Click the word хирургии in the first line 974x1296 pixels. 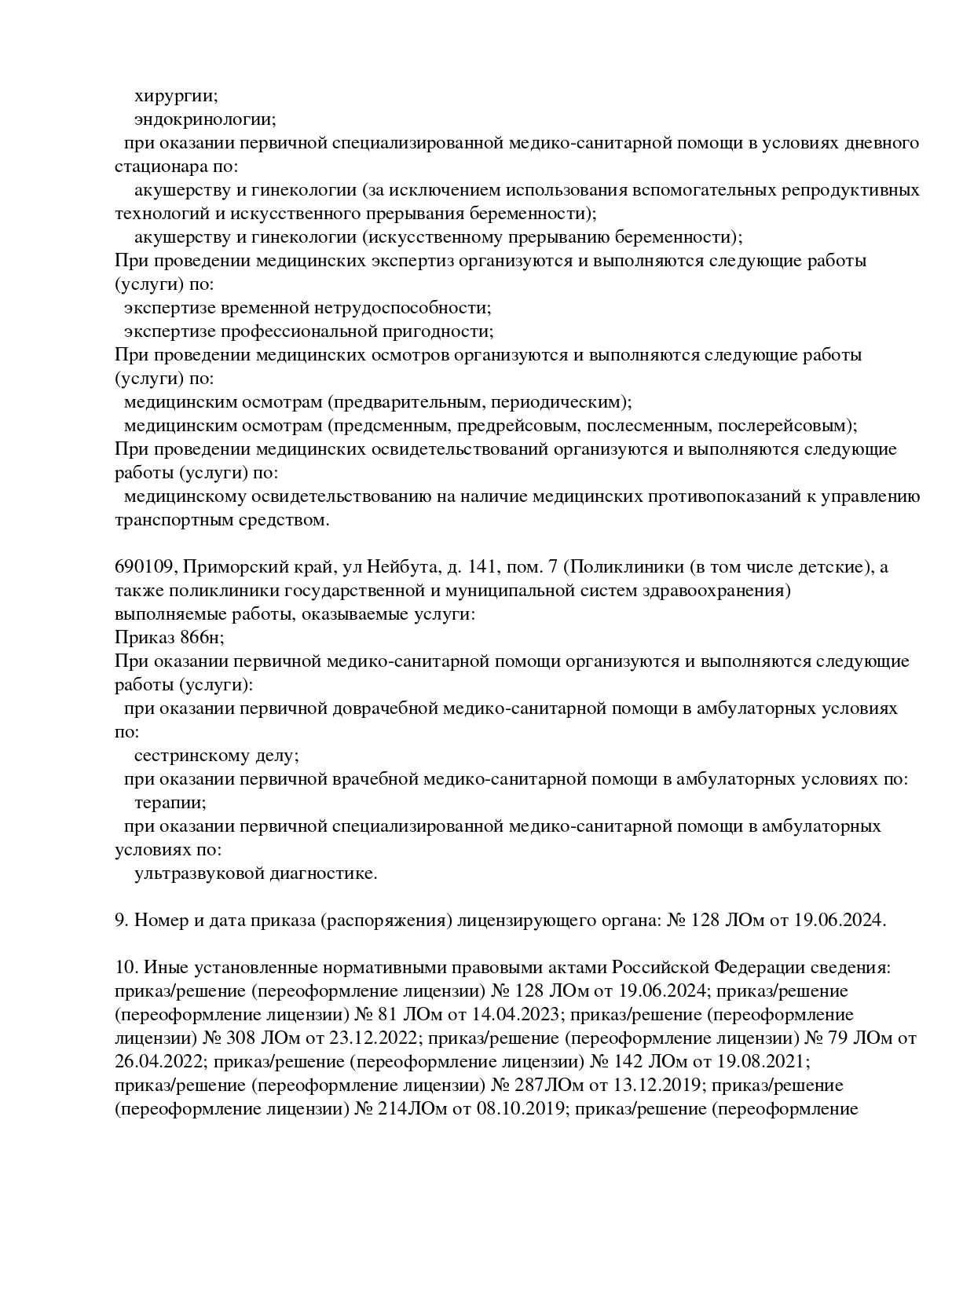click(176, 97)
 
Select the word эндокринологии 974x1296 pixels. click(204, 120)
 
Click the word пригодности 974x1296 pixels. click(449, 331)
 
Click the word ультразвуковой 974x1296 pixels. click(200, 873)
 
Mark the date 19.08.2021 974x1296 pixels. click(760, 1062)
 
